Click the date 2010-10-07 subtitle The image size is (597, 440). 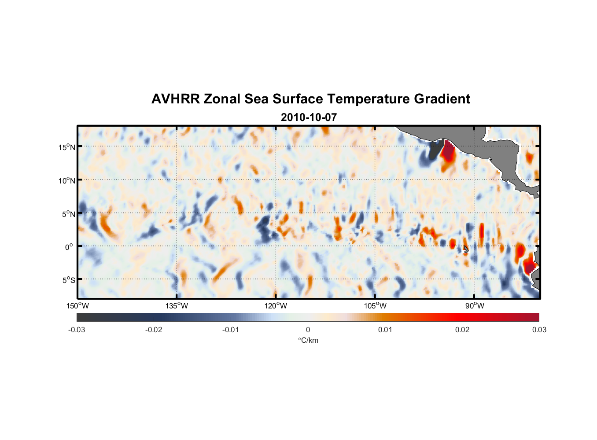[309, 117]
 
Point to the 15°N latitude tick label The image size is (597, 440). [66, 147]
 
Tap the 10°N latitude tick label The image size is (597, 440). [66, 180]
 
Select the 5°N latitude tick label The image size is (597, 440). [68, 214]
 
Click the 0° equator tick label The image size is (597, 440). [69, 247]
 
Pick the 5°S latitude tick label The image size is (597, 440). [68, 280]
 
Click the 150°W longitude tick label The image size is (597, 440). [77, 306]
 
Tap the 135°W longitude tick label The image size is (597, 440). [177, 306]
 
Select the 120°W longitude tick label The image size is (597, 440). [276, 306]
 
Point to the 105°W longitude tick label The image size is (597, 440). [375, 306]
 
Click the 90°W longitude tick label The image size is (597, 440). [474, 306]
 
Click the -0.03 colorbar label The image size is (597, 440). [77, 330]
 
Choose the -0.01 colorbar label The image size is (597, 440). [231, 330]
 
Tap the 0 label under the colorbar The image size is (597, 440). [308, 330]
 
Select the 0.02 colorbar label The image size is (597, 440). [462, 330]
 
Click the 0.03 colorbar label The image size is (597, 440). [539, 330]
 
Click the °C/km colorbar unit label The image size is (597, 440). [308, 340]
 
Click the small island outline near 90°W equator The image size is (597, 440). [466, 249]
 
